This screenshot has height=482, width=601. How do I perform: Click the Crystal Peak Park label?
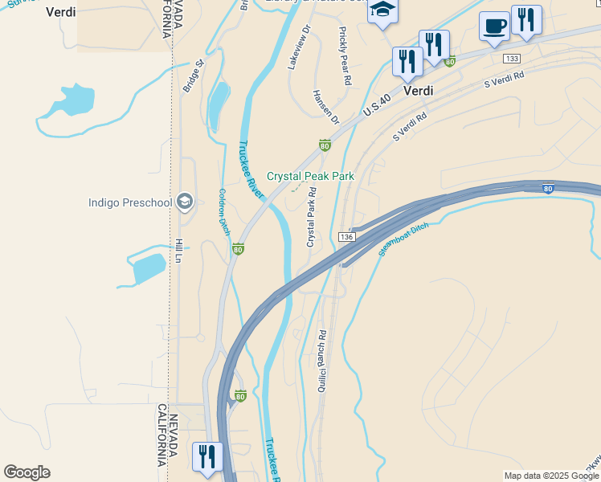310,176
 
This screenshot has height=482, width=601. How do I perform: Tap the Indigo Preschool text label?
130,202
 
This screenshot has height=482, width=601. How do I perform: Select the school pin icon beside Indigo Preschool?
185,202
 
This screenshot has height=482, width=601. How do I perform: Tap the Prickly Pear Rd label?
345,56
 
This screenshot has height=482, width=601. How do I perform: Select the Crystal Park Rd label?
311,217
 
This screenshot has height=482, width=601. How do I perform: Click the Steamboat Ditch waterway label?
403,239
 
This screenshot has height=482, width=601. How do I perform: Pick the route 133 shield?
512,59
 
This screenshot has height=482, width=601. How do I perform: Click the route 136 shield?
346,237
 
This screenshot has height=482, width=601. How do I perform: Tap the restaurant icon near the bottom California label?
207,457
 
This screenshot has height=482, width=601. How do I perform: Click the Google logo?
27,472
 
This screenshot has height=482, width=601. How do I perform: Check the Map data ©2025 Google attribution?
551,476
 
